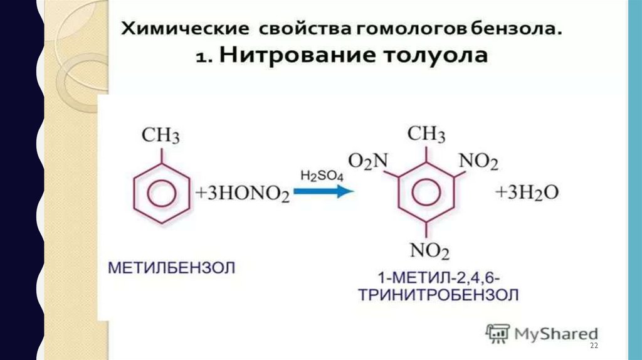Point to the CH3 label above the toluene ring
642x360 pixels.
pos(161,135)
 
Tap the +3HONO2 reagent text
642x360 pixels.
pos(242,194)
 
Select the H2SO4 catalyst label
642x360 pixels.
pos(322,176)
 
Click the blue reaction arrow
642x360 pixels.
pos(324,192)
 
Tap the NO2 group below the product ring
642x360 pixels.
pos(430,251)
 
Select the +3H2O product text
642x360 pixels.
pos(527,193)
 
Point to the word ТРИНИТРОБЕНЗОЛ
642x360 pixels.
pos(438,295)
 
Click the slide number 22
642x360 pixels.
pos(594,347)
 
